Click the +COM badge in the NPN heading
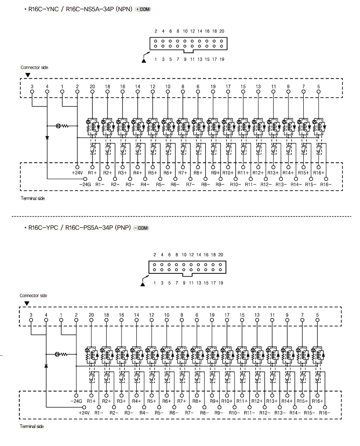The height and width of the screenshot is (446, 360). click(143, 9)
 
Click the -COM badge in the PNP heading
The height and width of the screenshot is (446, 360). click(141, 228)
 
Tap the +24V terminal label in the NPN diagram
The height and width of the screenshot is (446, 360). click(77, 173)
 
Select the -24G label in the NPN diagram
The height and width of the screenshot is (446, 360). click(85, 184)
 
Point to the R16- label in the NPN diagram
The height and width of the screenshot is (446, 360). click(326, 184)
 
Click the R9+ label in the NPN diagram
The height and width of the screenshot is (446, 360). click(216, 173)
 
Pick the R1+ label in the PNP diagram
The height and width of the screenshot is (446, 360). click(91, 401)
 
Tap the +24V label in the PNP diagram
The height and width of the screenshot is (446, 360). click(84, 413)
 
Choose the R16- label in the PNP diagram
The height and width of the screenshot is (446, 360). click(325, 413)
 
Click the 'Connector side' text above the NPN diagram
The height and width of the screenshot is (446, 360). click(35, 67)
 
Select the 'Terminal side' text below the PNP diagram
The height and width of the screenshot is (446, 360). click(31, 426)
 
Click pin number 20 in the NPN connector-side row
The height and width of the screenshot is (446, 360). click(92, 86)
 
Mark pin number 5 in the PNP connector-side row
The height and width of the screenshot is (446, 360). click(317, 315)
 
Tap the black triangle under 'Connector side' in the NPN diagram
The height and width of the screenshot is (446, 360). click(27, 75)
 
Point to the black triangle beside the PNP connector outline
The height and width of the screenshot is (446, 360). click(143, 284)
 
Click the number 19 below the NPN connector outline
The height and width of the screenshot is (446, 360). click(222, 59)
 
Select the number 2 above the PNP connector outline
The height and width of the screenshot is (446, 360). click(154, 254)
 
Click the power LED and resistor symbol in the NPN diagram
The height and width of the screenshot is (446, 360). click(62, 126)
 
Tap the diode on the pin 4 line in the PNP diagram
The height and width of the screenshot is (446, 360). click(46, 366)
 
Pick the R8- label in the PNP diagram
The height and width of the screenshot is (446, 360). click(204, 413)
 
